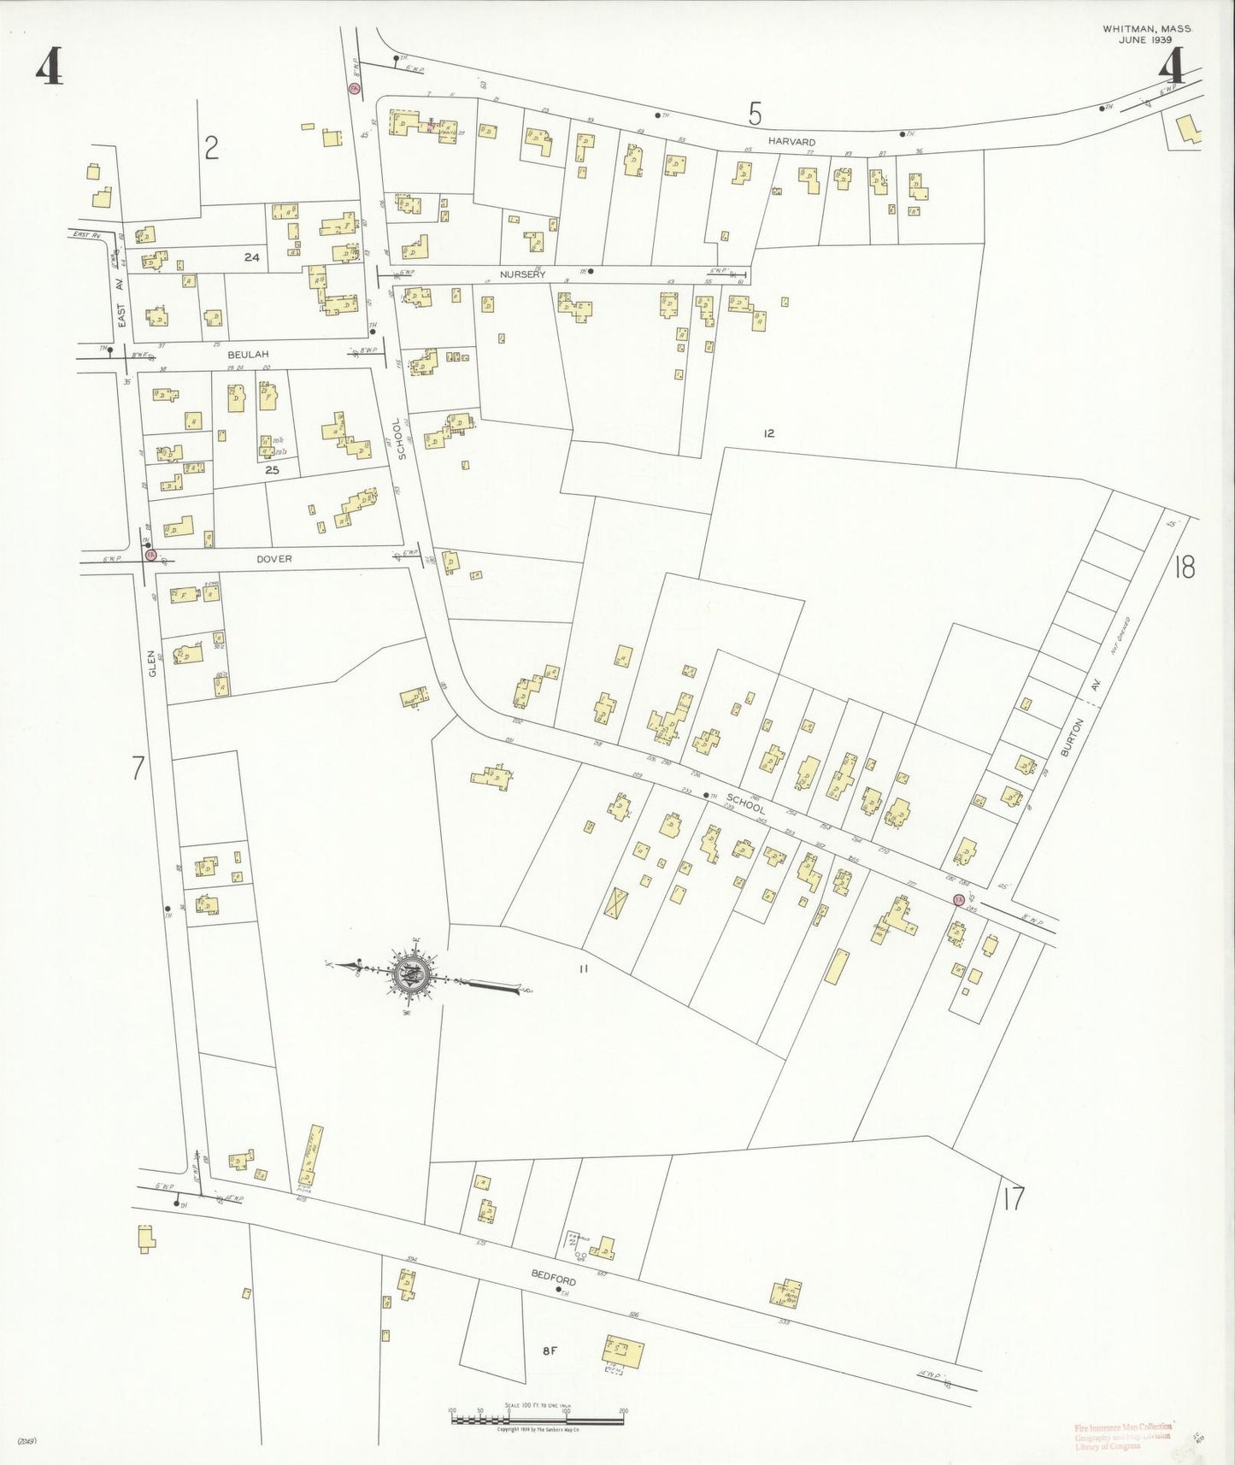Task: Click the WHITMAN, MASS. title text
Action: pos(1146,29)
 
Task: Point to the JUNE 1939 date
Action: pos(1146,39)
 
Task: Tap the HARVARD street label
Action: pos(791,142)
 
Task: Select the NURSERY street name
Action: pos(522,274)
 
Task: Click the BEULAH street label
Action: pos(248,354)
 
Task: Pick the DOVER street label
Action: pos(273,559)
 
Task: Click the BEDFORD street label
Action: pos(553,1277)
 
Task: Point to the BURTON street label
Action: pos(1072,737)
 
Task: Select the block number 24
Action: pos(251,257)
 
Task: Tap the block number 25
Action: pos(272,470)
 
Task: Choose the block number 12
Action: pos(768,433)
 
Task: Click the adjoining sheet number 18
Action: pos(1184,567)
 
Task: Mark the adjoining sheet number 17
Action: pos(1014,1199)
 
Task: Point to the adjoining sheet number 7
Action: pos(138,768)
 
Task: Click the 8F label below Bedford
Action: pos(550,1351)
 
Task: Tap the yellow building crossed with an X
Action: pos(615,903)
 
